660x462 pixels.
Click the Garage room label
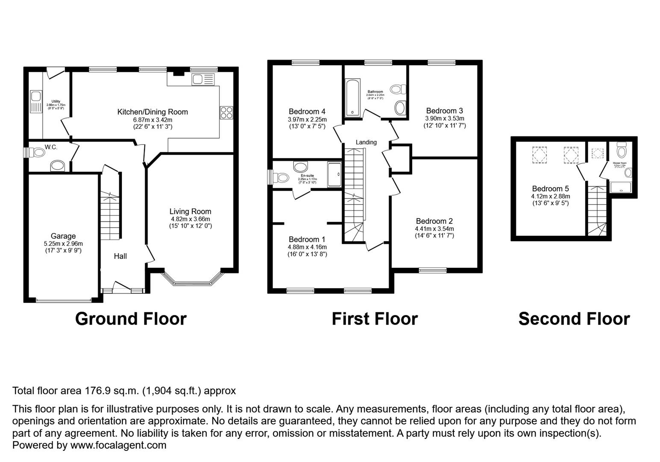(63, 236)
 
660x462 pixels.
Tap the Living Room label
(190, 211)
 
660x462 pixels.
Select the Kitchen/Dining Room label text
(153, 112)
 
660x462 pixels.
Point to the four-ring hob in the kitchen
(226, 113)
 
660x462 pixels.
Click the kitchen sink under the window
(203, 79)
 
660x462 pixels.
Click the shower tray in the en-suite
(334, 175)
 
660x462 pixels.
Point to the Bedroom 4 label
(307, 112)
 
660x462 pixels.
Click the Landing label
(366, 142)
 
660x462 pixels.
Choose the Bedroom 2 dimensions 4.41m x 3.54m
(434, 229)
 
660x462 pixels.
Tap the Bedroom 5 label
(551, 189)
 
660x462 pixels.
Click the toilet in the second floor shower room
(622, 151)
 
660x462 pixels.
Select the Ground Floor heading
(131, 319)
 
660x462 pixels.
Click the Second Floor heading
(574, 319)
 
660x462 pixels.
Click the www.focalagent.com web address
(118, 445)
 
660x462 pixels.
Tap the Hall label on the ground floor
(120, 256)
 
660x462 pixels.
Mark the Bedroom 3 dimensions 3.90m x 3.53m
(445, 118)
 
